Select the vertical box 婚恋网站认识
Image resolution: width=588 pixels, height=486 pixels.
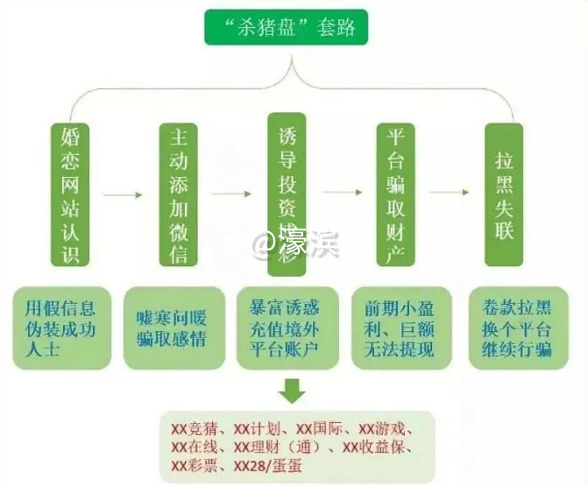[x=71, y=194]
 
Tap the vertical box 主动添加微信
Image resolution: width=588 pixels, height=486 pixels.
[x=179, y=194]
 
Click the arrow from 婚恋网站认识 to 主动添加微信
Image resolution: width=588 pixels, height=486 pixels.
[x=126, y=194]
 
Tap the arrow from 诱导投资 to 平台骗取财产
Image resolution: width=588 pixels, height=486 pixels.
[x=342, y=192]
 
